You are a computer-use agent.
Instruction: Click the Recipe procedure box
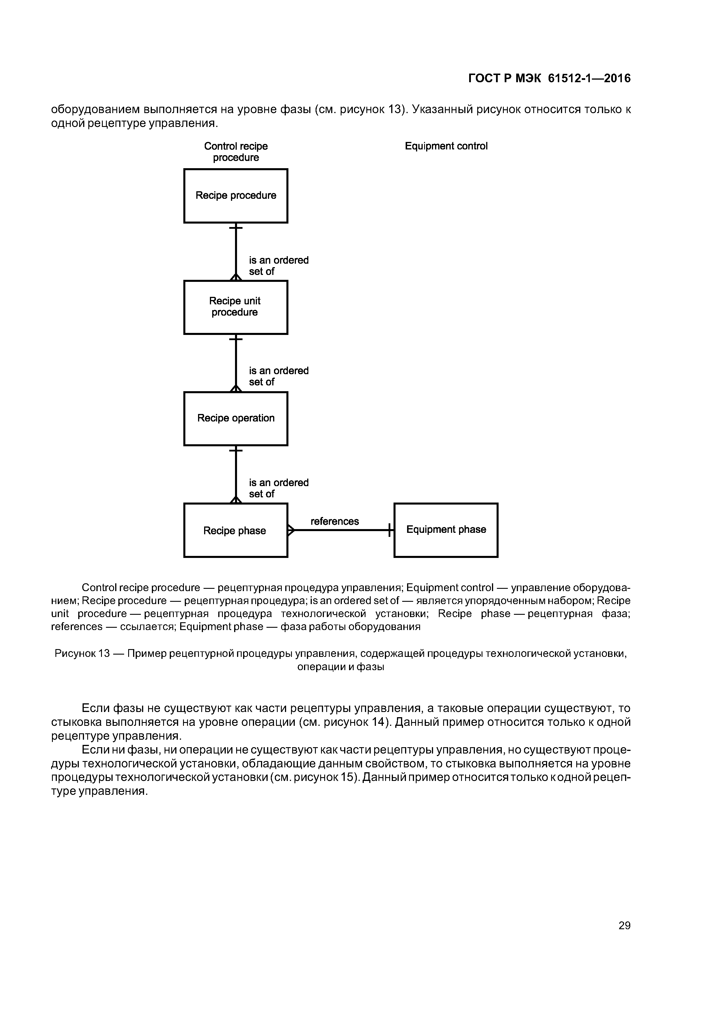pos(236,196)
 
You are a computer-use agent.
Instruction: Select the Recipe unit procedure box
pos(236,307)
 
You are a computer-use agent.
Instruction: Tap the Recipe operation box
pos(236,418)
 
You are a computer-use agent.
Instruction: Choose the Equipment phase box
pos(445,530)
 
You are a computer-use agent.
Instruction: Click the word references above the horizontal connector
pos(334,521)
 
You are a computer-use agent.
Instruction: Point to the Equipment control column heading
pos(446,146)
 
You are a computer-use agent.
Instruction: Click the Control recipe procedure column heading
pos(236,152)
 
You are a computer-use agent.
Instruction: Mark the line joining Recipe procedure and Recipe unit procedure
pos(236,251)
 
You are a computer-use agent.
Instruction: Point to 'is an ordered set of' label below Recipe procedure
pos(278,266)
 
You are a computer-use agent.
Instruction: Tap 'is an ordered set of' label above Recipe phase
pos(278,488)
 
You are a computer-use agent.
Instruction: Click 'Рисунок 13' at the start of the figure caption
pos(82,653)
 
